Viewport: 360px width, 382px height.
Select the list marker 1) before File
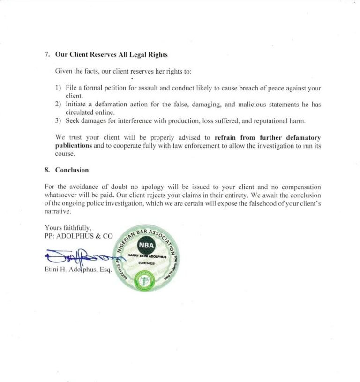(x=59, y=88)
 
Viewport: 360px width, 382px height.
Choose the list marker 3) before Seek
(x=59, y=121)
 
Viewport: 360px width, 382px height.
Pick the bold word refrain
(x=226, y=138)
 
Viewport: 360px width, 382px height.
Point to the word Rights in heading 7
(x=157, y=54)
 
